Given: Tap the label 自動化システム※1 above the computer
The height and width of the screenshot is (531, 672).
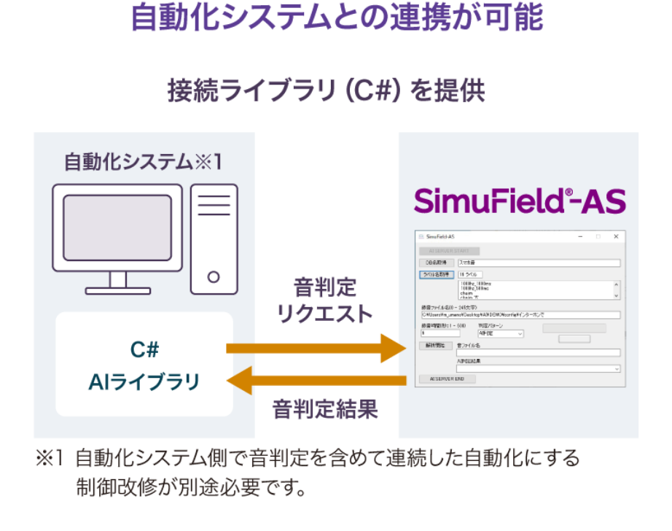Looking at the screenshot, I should point(143,161).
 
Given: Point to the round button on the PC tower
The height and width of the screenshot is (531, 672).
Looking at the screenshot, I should point(214,276).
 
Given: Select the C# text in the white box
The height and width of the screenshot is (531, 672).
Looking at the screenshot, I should point(144,350).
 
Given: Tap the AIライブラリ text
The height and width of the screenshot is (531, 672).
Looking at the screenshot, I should point(144,381).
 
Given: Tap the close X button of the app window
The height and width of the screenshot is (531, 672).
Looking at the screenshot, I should point(615,236).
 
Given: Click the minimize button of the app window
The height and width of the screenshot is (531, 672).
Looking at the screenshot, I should point(580,236).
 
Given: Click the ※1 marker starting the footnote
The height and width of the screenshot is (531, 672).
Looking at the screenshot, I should point(50,459).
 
